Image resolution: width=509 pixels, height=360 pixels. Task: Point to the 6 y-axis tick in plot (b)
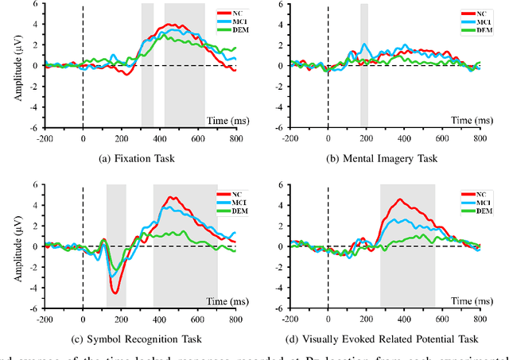(x=276, y=4)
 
